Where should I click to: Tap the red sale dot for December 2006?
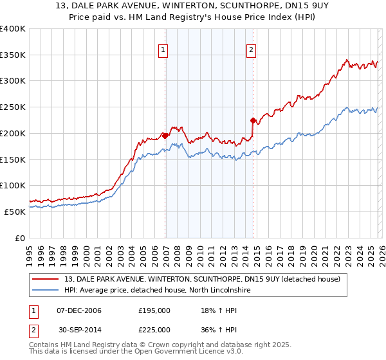coord(165,136)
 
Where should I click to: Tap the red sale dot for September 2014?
coord(253,120)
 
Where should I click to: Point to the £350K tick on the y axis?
coord(13,55)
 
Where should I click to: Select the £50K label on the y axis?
coord(15,212)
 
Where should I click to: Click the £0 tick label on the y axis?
coord(19,238)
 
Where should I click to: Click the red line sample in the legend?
coord(46,279)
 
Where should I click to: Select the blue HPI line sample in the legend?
coord(46,291)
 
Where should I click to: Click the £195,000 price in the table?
coord(154,310)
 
